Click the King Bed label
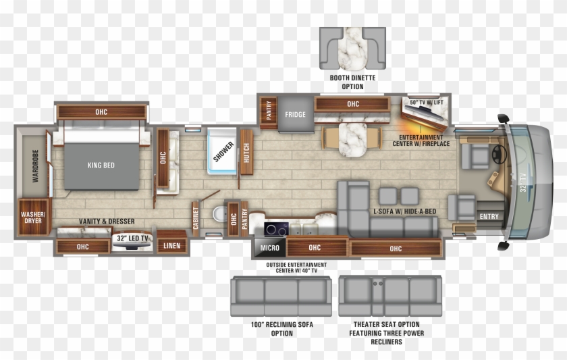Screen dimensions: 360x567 101,165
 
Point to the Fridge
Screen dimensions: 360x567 295,114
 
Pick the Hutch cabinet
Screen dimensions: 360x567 246,153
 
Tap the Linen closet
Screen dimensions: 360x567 171,245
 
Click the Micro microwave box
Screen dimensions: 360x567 269,248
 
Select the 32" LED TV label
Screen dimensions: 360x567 132,238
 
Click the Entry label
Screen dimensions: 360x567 489,217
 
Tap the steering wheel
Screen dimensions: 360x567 500,154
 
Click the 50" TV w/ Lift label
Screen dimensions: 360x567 427,102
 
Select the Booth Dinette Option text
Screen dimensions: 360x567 352,82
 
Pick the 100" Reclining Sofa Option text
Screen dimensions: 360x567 282,329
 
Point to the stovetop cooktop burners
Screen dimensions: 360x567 275,228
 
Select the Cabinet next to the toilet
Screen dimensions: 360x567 196,217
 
